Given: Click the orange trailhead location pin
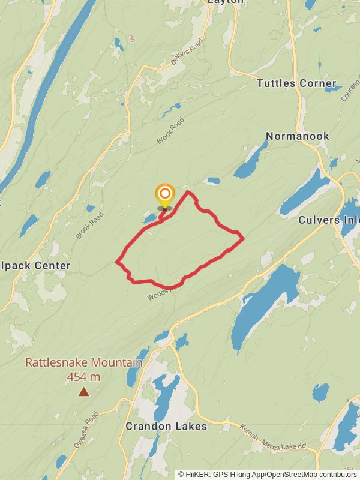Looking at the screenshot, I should click(x=164, y=195).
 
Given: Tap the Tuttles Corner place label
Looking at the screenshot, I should click(x=296, y=83).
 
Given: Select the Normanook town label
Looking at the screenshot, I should click(x=298, y=136).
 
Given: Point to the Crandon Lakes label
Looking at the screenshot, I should click(x=166, y=427).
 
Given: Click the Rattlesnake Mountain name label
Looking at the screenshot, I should click(x=83, y=363).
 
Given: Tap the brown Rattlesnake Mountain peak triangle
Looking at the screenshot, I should click(x=83, y=392).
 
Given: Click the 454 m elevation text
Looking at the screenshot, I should click(x=83, y=377).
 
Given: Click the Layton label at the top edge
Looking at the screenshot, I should click(x=226, y=2).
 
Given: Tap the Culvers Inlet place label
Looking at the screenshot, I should click(x=329, y=220).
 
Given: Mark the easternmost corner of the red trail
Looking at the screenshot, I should click(x=243, y=239).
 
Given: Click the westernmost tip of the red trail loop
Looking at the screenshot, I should click(x=116, y=262).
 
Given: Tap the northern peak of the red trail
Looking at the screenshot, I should click(x=188, y=192).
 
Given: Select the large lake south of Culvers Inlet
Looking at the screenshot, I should click(x=264, y=303).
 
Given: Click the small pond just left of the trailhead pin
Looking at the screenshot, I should click(x=149, y=218).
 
